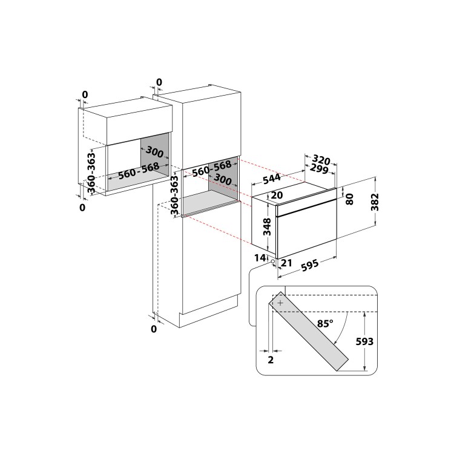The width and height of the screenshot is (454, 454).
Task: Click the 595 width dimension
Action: (310, 266)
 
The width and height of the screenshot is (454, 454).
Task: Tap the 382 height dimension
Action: (375, 202)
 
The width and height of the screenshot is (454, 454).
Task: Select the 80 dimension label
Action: (350, 199)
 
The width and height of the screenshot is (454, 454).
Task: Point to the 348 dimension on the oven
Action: (267, 226)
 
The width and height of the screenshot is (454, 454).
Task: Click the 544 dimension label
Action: (272, 179)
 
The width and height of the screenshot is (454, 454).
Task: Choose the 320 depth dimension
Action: (321, 160)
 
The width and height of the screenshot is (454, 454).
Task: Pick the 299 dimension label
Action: (319, 169)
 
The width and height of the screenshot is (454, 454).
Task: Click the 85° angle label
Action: (325, 323)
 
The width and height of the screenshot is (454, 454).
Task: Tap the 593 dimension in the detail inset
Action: (364, 341)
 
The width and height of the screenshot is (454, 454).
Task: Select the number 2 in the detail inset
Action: (271, 360)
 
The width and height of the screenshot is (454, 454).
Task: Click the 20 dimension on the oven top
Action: (277, 195)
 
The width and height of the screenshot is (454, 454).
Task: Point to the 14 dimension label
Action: (260, 258)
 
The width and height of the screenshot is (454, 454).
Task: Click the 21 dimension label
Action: (286, 263)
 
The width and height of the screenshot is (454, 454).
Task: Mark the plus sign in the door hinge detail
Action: (280, 303)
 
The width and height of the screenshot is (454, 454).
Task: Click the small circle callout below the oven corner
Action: (273, 261)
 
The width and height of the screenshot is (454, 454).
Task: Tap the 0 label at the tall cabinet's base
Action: (154, 329)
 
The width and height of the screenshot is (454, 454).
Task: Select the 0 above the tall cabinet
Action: (159, 82)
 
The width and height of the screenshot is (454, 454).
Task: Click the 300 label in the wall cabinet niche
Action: (154, 151)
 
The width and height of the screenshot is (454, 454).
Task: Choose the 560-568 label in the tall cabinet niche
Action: (212, 168)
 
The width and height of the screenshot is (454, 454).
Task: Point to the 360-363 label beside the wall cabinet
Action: (91, 173)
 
